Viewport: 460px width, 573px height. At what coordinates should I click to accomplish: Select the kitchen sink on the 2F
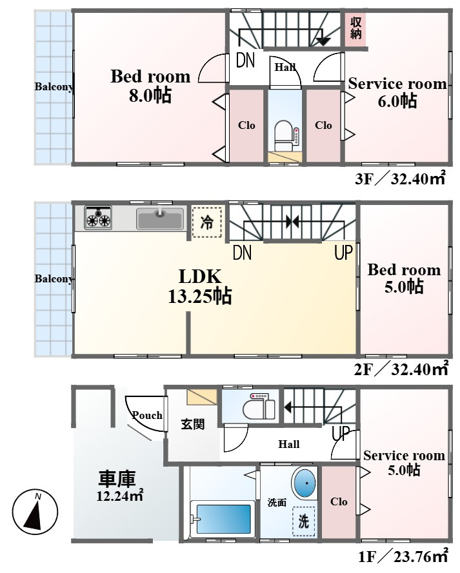coord(159,218)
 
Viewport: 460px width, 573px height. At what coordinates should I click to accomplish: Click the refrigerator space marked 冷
coord(207,222)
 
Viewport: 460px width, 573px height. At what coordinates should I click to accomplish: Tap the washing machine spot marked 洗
coord(304,521)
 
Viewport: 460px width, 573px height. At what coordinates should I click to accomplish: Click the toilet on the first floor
coord(257,407)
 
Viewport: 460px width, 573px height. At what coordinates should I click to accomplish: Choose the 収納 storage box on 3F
coord(356,28)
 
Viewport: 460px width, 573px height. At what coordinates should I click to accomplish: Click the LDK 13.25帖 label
coord(200,286)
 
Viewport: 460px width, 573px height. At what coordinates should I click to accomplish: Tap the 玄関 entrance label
coord(192,425)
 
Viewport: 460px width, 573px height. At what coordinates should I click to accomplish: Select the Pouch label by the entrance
coord(147,415)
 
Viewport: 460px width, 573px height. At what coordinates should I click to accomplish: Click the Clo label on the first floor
coord(339,501)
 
